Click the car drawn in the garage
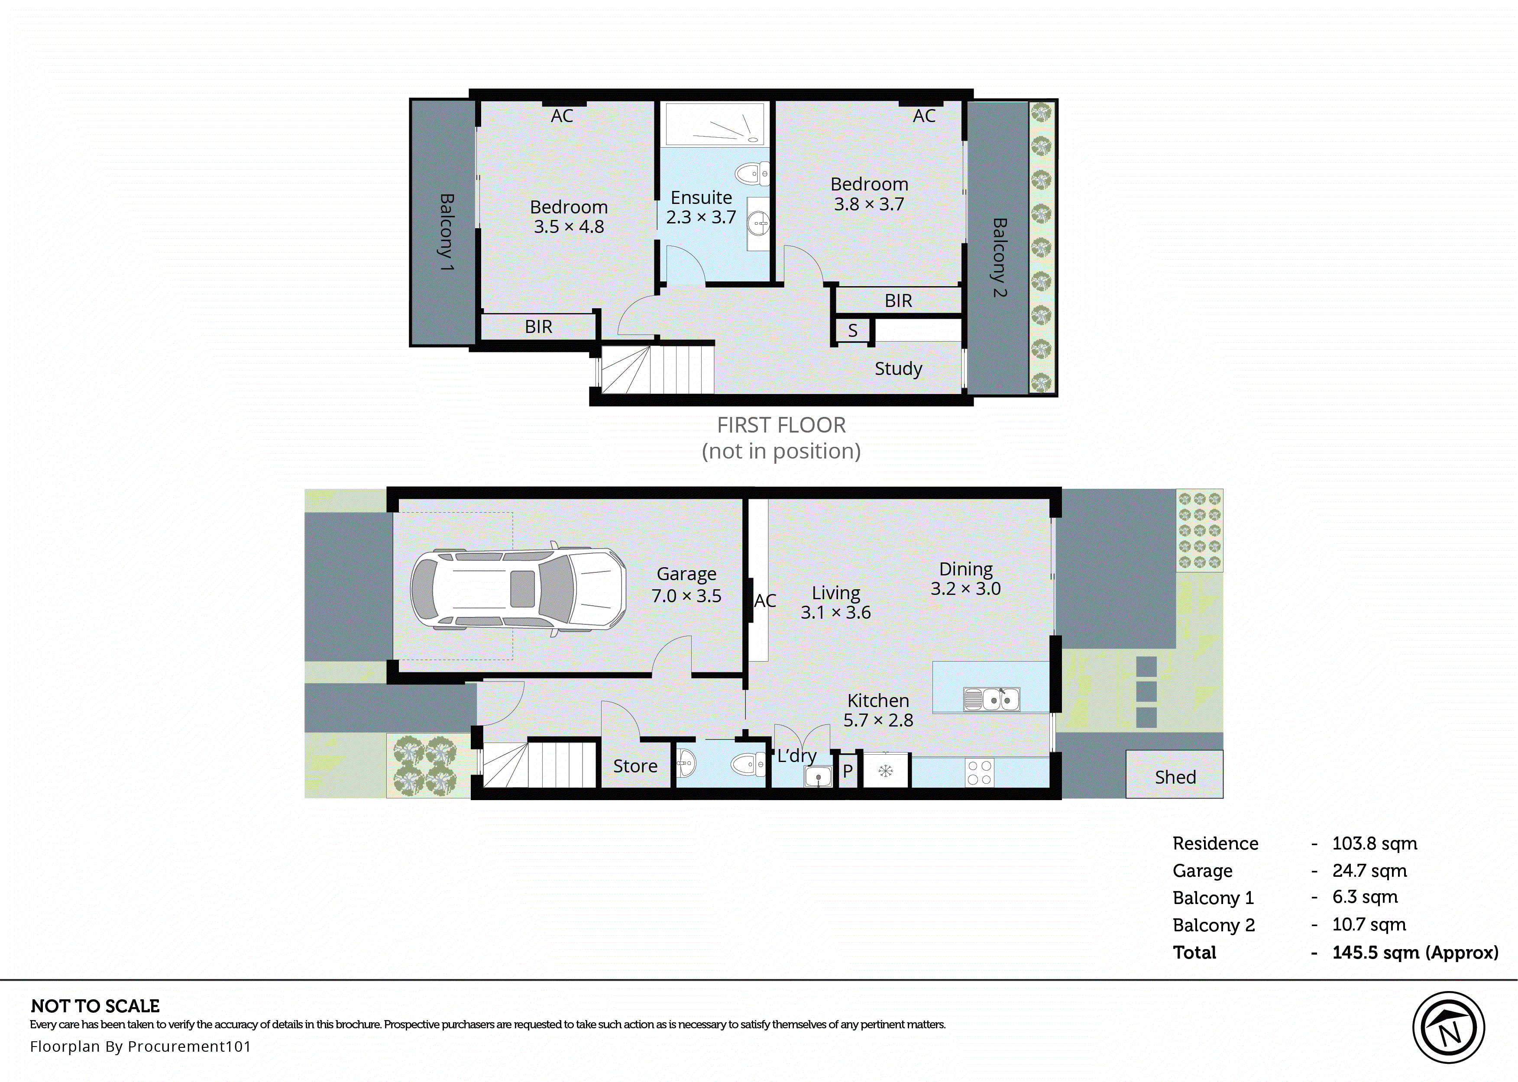click(518, 589)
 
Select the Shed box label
click(1175, 777)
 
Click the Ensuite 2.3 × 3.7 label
click(701, 207)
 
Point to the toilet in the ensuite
click(753, 174)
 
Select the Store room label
click(635, 766)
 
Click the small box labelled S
click(852, 330)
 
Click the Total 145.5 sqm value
click(1414, 953)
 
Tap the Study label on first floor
click(898, 368)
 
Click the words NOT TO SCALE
click(95, 1006)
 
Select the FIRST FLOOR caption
click(781, 425)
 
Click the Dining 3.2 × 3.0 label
click(965, 578)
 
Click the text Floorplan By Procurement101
click(140, 1046)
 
